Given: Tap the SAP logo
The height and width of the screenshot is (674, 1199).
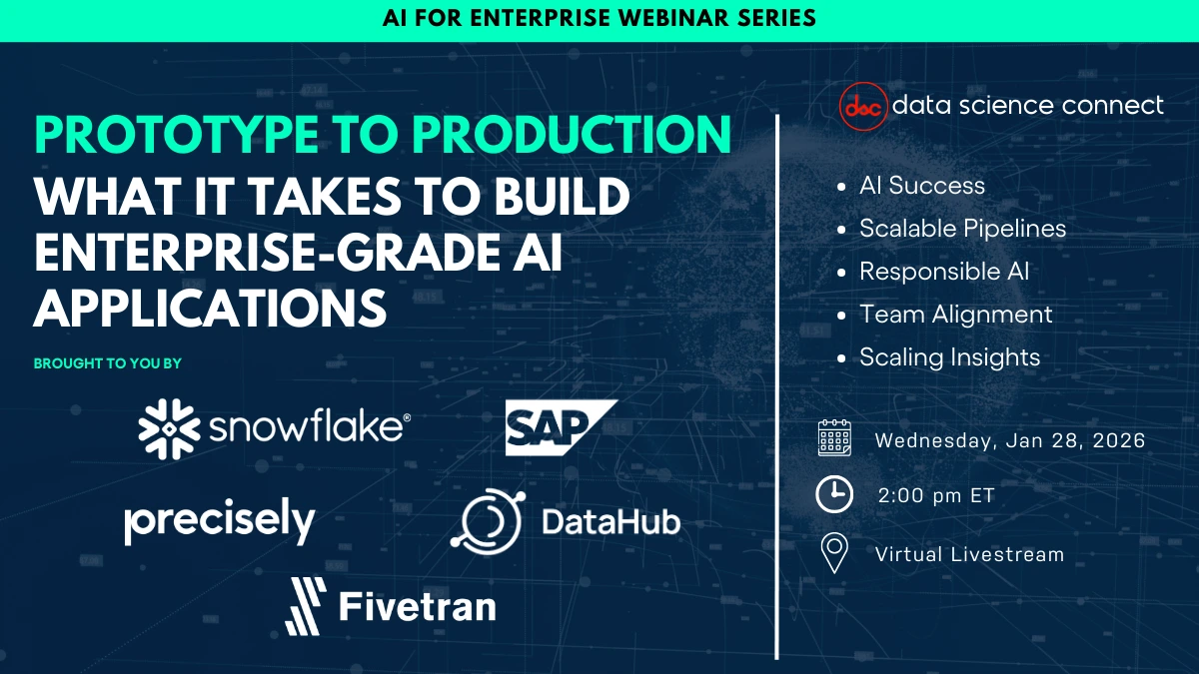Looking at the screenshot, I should (x=561, y=427).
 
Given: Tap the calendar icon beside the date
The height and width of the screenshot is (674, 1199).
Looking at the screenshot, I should (x=834, y=438).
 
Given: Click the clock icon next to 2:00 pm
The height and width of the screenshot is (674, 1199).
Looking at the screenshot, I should (x=834, y=494).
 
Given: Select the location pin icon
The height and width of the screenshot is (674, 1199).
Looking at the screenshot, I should (x=833, y=553).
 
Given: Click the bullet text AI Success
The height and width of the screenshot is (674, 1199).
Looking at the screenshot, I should (x=921, y=186).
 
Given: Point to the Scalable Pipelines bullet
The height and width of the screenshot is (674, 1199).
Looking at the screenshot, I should (x=962, y=229).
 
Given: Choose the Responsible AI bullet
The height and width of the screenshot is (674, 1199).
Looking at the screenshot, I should (x=943, y=272).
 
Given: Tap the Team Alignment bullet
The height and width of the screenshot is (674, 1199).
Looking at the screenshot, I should (x=955, y=315).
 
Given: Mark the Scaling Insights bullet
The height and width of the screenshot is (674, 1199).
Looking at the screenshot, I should (x=949, y=357).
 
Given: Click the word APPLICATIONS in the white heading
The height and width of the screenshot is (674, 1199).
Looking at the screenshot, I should (x=210, y=308).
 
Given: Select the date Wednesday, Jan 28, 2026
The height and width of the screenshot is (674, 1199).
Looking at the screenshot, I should (x=1009, y=440).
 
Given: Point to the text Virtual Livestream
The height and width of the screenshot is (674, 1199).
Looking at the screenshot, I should (x=969, y=554).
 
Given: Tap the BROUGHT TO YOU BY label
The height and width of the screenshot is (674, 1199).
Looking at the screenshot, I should (x=108, y=363).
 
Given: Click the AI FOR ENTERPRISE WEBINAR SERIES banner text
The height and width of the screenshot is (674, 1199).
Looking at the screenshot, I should (x=599, y=18).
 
